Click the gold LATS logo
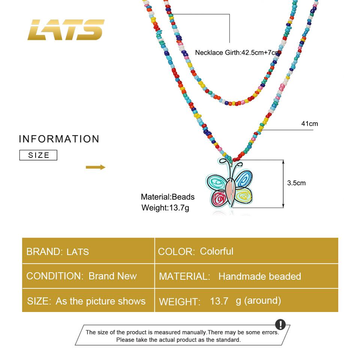tap(66, 30)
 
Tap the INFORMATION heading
tap(59, 139)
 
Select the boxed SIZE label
tap(38, 155)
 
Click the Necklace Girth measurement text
tap(238, 53)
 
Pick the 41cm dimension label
tap(309, 123)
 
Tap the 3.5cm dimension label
tap(296, 183)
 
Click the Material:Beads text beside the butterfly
tap(168, 197)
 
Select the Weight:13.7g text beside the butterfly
tap(165, 207)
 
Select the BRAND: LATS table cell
tap(88, 251)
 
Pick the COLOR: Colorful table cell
tap(246, 251)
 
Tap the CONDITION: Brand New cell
tap(88, 276)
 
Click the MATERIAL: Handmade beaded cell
tap(246, 276)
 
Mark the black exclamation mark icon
tap(280, 325)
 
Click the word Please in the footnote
tap(124, 340)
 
